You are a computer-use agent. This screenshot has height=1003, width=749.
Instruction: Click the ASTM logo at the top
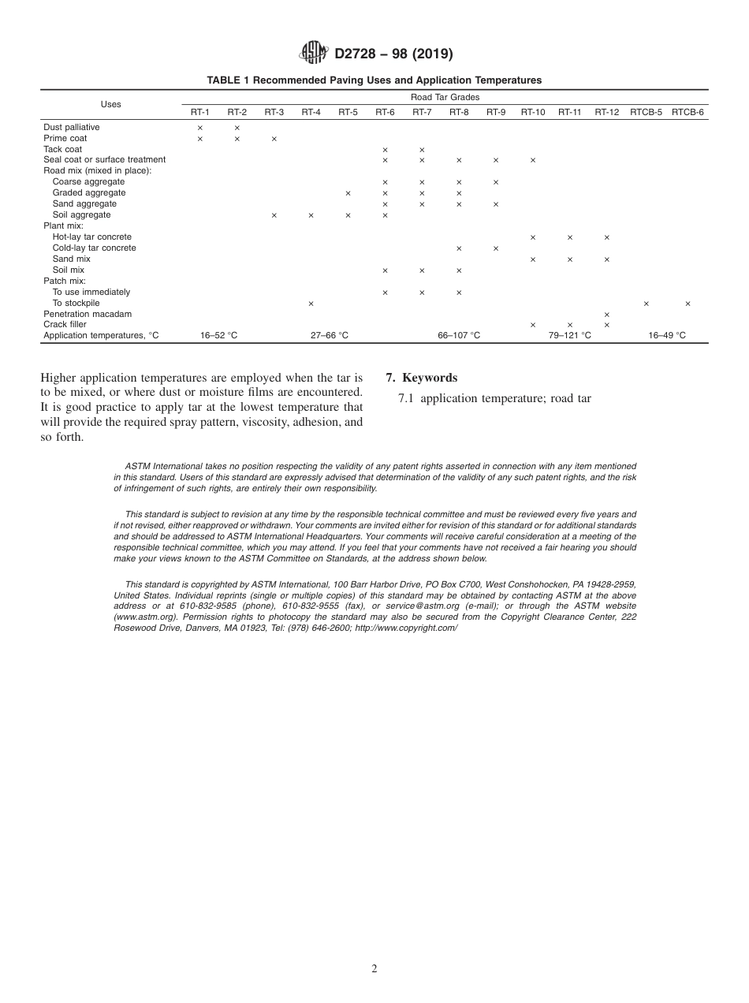pyautogui.click(x=313, y=53)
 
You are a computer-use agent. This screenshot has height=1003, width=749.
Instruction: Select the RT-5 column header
pyautogui.click(x=348, y=113)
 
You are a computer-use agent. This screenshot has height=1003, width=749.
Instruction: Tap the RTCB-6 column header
pyautogui.click(x=688, y=113)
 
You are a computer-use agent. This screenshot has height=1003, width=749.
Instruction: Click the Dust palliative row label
pyautogui.click(x=72, y=127)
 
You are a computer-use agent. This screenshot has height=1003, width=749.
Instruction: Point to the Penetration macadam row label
pyautogui.click(x=88, y=314)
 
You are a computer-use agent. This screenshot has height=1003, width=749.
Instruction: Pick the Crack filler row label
pyautogui.click(x=65, y=325)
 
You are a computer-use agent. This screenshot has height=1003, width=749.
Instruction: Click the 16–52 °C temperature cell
pyautogui.click(x=218, y=336)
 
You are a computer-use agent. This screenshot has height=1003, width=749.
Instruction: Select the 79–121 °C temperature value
pyautogui.click(x=569, y=336)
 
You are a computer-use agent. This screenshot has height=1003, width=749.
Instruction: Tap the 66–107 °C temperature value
pyautogui.click(x=459, y=336)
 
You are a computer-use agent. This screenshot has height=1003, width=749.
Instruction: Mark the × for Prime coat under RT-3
pyautogui.click(x=274, y=139)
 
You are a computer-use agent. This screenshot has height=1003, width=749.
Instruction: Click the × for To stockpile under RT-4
pyautogui.click(x=311, y=304)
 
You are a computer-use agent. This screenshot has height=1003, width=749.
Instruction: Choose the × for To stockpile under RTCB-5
pyautogui.click(x=646, y=304)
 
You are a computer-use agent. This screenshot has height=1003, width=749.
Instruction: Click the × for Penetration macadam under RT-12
pyautogui.click(x=606, y=315)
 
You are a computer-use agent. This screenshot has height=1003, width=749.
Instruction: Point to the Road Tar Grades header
pyautogui.click(x=445, y=97)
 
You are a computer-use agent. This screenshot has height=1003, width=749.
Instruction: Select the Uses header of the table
pyautogui.click(x=110, y=104)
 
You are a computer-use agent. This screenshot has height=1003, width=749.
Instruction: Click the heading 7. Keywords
pyautogui.click(x=421, y=378)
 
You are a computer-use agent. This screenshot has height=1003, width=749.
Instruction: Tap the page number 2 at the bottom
pyautogui.click(x=374, y=969)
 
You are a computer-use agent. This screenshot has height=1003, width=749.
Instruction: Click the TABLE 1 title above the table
pyautogui.click(x=374, y=80)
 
